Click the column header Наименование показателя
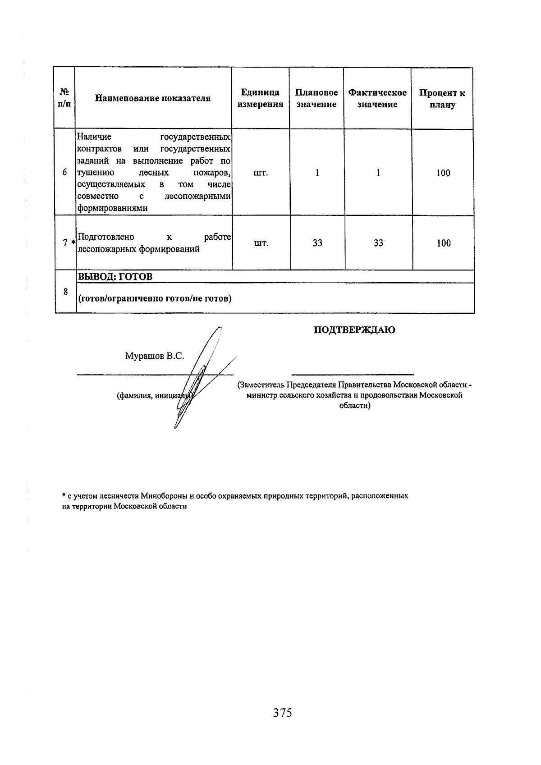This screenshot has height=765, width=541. coord(153,98)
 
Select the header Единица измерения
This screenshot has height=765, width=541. coord(260,98)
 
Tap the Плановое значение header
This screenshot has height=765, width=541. coord(316,98)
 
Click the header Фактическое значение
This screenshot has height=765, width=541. coord(377,98)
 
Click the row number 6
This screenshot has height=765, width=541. coord(65,173)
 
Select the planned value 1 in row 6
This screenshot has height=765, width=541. coord(317,173)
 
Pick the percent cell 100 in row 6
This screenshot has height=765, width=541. coord(443,173)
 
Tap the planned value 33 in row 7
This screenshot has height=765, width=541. coord(317,243)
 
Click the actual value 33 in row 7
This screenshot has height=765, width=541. coord(378,243)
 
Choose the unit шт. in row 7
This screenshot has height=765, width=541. coord(261,243)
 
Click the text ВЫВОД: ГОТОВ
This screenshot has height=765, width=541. coord(115,277)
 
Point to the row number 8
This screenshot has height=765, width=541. coord(65,292)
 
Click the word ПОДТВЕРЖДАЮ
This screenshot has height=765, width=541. coord(354,330)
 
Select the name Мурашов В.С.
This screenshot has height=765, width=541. coord(154,356)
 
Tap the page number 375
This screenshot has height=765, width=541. coord(282,713)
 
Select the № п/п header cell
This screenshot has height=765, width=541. coord(64,98)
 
